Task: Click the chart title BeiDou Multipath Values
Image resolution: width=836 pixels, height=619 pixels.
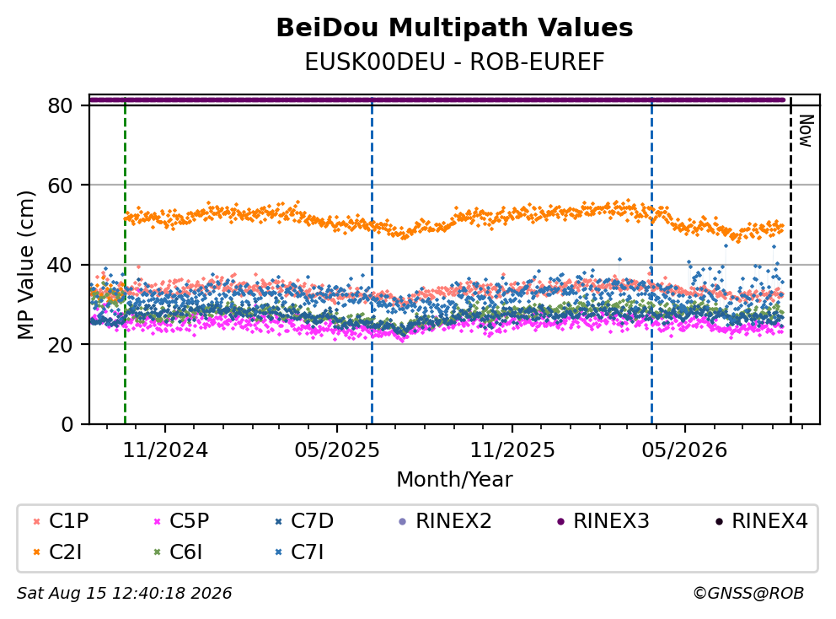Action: point(454,28)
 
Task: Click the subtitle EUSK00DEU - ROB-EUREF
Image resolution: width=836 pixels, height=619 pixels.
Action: point(454,62)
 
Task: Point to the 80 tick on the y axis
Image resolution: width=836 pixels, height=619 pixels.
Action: point(60,105)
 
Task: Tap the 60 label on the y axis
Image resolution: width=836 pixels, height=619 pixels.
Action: point(60,186)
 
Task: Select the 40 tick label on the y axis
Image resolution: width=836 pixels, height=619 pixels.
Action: point(60,265)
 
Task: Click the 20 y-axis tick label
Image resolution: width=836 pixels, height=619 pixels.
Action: point(60,344)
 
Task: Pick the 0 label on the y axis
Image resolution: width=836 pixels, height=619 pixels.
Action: point(67,424)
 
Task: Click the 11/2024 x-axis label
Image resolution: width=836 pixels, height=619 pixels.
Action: point(165,450)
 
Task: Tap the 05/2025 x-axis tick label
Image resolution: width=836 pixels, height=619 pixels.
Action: point(337,450)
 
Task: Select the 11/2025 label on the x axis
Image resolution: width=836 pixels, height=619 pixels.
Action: point(512,450)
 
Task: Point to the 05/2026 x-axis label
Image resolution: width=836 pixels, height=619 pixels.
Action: point(684,450)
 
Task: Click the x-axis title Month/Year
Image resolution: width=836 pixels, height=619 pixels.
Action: point(454,479)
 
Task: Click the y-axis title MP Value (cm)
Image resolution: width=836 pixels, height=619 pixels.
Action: point(25,265)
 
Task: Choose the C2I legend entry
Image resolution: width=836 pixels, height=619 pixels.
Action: point(58,552)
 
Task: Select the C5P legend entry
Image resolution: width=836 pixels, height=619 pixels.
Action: point(181,521)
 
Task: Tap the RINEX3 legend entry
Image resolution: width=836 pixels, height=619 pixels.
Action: point(603,521)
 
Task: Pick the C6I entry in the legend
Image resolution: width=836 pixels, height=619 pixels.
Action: point(178,552)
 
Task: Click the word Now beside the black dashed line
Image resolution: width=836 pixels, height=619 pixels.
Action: point(806,131)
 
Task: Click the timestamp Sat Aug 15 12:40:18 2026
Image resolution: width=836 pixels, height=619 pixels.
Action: point(124,593)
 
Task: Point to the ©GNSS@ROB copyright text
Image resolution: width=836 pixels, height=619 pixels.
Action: point(748,593)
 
